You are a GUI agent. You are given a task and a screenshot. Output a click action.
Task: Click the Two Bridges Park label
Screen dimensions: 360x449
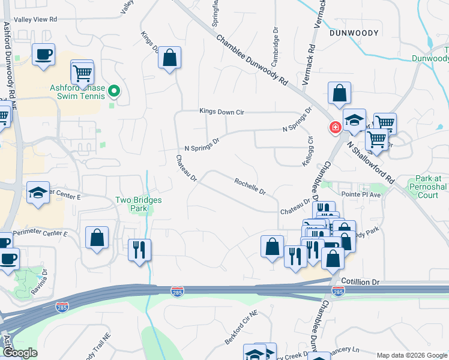click(x=139, y=205)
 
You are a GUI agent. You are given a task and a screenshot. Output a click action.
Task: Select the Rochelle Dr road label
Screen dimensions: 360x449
click(x=250, y=187)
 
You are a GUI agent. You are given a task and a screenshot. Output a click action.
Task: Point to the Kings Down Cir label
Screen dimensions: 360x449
click(x=223, y=111)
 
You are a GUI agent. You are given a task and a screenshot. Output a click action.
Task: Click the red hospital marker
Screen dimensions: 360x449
click(x=334, y=127)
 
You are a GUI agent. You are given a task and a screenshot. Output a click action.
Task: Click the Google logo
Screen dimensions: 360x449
click(x=19, y=353)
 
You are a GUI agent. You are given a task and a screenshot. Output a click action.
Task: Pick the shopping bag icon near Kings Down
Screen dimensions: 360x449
click(x=170, y=58)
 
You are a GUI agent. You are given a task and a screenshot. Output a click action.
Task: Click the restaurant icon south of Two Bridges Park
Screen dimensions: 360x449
click(x=140, y=249)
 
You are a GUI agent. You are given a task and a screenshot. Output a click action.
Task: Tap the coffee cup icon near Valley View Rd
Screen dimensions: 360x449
click(x=44, y=54)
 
